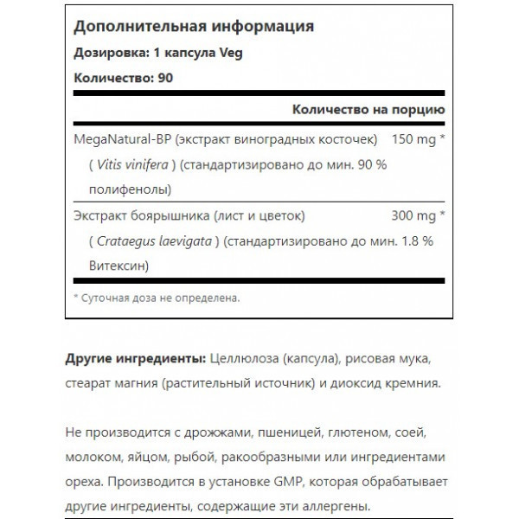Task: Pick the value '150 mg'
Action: coord(415,139)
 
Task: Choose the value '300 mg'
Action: coord(415,216)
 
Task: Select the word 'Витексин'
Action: coord(105,266)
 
